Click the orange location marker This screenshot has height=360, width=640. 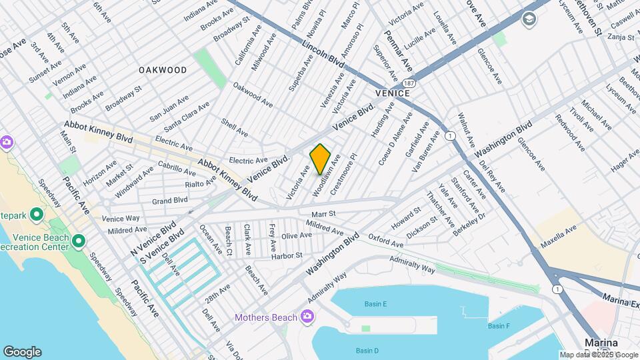click(x=320, y=159)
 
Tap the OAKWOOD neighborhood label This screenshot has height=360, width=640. click(x=163, y=70)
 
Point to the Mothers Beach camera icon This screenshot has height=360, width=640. click(x=307, y=315)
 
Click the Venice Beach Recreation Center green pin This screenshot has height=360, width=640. click(x=79, y=240)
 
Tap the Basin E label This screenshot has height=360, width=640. click(x=375, y=304)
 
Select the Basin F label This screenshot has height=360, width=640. click(x=498, y=326)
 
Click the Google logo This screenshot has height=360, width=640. click(x=22, y=351)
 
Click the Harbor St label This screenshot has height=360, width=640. click(x=287, y=255)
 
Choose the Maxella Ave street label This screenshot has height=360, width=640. click(x=558, y=237)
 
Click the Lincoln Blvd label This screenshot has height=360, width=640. click(x=323, y=53)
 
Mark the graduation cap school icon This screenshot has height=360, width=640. click(x=530, y=19)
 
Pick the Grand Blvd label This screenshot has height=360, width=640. click(x=169, y=200)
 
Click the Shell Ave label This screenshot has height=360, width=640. click(x=234, y=128)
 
